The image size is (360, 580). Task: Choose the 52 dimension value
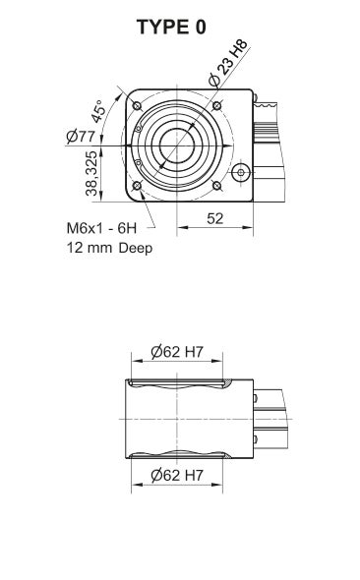[215, 218]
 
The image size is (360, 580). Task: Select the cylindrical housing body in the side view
[182, 418]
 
